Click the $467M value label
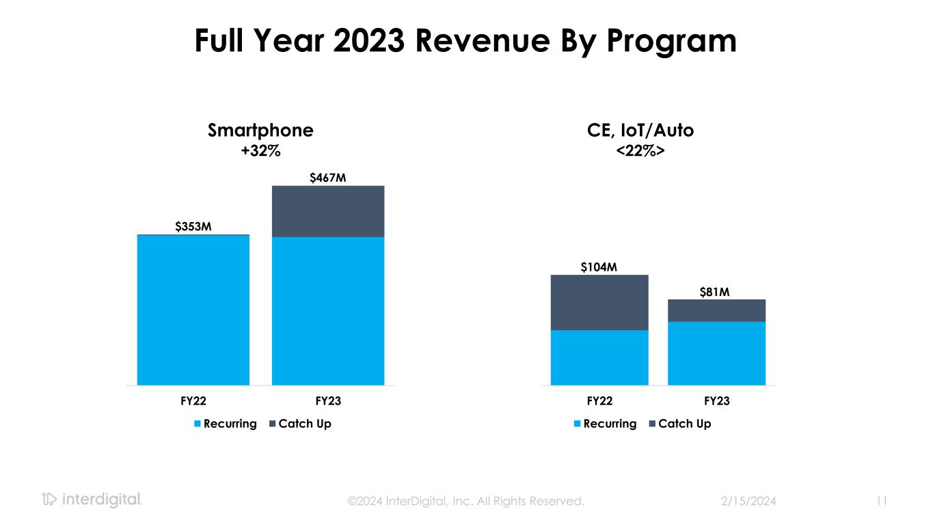[x=328, y=178]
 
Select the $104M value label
[x=599, y=267]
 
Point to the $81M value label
[x=716, y=292]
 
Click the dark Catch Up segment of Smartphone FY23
[x=328, y=211]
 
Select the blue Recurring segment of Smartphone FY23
[x=328, y=311]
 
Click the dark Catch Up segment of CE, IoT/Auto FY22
[x=599, y=302]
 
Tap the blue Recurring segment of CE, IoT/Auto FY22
[x=599, y=358]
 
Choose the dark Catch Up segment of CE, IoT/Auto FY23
[x=716, y=310]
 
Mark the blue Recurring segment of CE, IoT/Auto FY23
[x=716, y=353]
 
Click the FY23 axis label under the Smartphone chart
[x=328, y=401]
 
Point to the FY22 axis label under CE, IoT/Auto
[x=599, y=401]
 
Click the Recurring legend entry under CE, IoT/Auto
[x=604, y=424]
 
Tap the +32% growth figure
[x=260, y=150]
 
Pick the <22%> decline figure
[x=640, y=150]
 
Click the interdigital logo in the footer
[x=92, y=500]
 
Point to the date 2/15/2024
[x=748, y=501]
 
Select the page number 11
[x=881, y=501]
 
